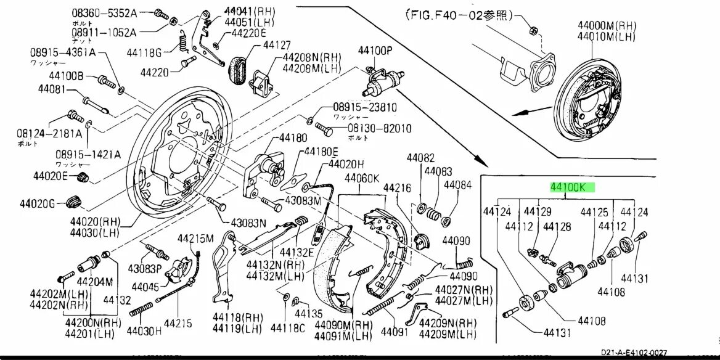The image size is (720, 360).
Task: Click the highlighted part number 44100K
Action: tap(573, 187)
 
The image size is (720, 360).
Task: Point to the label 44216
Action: tap(397, 187)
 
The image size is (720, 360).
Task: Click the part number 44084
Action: tap(458, 184)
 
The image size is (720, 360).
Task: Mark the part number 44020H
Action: tap(346, 164)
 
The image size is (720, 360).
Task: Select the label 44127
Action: tap(276, 45)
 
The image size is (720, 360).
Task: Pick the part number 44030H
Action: tap(144, 330)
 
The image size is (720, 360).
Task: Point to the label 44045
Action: tap(145, 287)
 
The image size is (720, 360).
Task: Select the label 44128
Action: tap(558, 226)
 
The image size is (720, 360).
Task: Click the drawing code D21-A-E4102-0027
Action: tap(633, 353)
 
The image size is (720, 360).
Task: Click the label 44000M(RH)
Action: tap(607, 25)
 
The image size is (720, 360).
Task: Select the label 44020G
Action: tap(38, 203)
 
